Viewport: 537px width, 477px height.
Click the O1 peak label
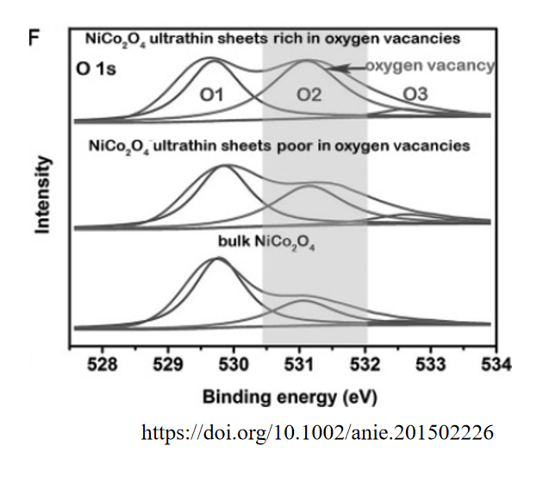[212, 96]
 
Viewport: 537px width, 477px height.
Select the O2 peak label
[309, 96]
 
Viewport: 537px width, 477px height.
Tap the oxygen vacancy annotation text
[429, 66]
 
